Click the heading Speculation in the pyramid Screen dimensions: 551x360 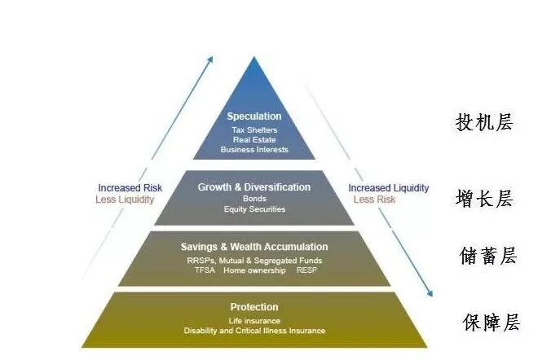click(254, 116)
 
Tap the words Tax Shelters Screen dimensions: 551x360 click(254, 130)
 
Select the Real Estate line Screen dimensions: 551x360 click(254, 140)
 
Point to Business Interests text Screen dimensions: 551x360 click(254, 150)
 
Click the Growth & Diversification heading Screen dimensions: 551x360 click(254, 187)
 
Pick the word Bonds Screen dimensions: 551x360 click(254, 199)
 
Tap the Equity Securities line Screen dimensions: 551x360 click(254, 209)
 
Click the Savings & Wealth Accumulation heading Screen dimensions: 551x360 click(254, 247)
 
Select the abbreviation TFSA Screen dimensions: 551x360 click(206, 270)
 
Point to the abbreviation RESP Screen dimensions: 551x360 click(306, 270)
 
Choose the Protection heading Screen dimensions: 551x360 click(254, 307)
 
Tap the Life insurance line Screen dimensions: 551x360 click(254, 321)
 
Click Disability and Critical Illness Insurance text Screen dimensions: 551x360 click(254, 331)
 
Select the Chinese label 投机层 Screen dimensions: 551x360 click(484, 122)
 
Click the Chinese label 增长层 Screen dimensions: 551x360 click(484, 198)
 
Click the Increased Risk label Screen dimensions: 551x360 click(130, 188)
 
